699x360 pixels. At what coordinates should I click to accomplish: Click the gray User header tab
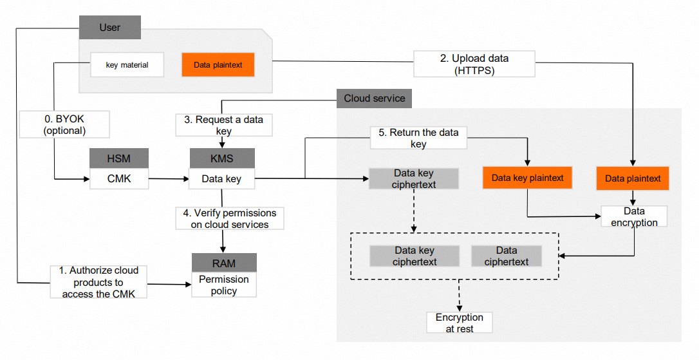110,28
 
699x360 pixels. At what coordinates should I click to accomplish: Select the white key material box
127,65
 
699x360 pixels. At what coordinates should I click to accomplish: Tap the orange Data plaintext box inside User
218,65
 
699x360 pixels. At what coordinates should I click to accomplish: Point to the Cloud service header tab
375,99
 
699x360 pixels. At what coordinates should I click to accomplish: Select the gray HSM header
119,159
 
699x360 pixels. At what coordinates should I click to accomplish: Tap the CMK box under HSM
119,178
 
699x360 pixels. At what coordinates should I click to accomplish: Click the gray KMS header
221,159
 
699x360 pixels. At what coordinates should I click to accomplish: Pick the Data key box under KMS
221,178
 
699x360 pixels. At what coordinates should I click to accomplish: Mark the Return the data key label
418,138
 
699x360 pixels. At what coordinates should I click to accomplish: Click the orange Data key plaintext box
528,178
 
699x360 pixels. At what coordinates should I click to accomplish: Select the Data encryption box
634,216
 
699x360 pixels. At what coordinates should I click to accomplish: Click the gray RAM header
224,263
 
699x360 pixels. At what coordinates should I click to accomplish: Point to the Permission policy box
224,285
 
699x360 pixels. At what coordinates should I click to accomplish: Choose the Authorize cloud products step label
100,281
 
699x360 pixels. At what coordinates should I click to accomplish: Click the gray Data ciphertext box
507,256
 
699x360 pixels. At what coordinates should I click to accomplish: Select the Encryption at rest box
460,323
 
